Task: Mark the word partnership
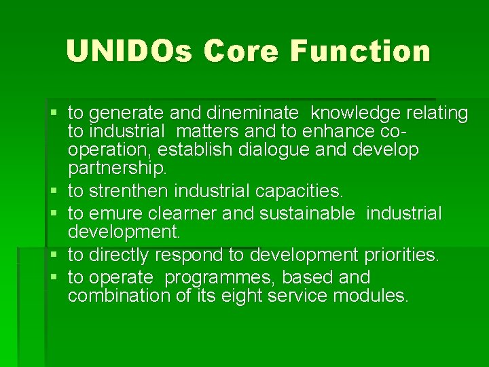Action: click(116, 167)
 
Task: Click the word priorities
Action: click(401, 256)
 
